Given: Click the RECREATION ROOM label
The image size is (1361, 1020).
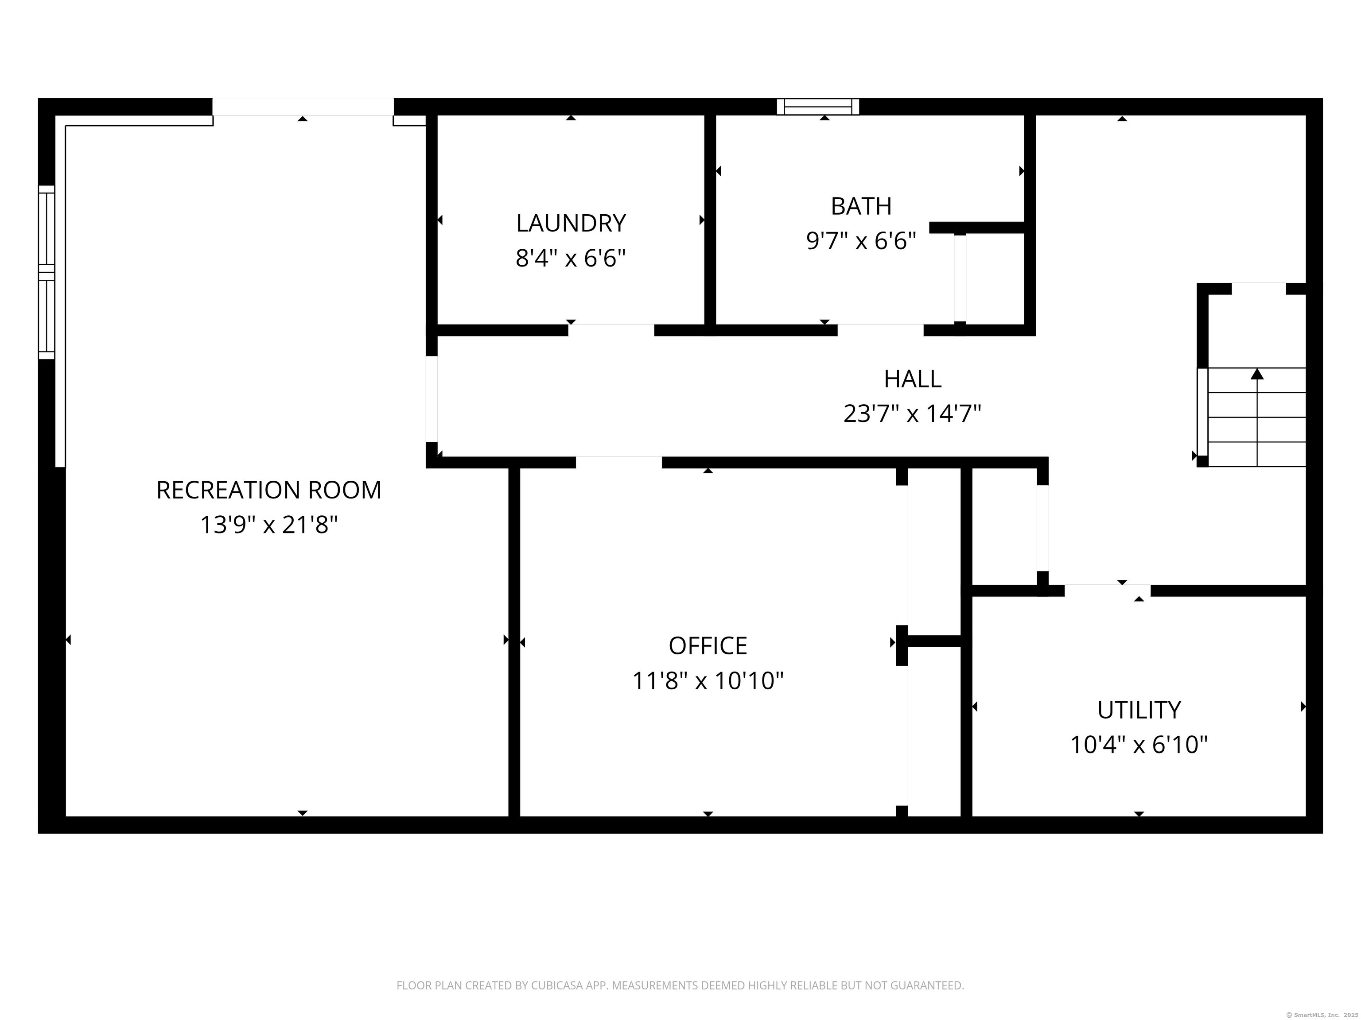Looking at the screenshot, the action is [269, 490].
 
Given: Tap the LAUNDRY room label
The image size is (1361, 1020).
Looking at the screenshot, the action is [571, 223].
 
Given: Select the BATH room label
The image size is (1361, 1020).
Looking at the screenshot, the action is [861, 206].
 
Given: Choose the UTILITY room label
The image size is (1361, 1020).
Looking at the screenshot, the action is [1139, 710].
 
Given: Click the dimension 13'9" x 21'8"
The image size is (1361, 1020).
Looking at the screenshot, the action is [269, 525].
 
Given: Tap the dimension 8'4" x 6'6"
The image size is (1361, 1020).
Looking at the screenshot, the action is [571, 258].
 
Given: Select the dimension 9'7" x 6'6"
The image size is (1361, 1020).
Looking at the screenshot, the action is [861, 241].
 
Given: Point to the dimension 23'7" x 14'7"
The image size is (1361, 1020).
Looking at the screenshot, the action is [913, 414].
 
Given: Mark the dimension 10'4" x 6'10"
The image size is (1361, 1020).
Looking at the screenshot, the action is [1139, 745].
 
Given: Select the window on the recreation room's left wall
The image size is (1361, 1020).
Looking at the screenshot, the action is [47, 272].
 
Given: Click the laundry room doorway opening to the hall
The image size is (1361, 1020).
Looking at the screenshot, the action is [611, 330].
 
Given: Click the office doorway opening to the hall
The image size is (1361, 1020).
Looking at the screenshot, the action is [619, 462].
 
